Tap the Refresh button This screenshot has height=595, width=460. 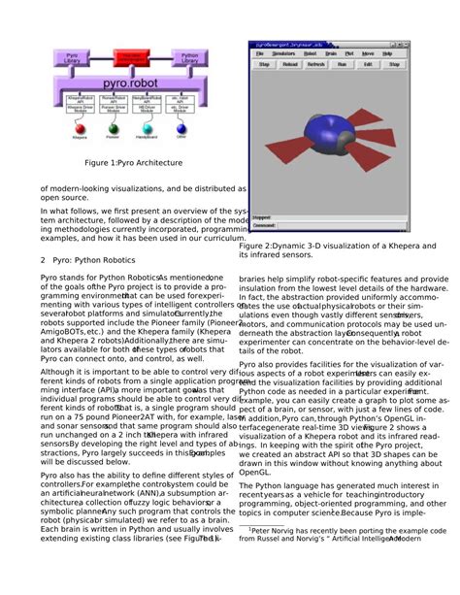(316, 64)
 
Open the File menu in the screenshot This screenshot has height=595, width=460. (261, 53)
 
